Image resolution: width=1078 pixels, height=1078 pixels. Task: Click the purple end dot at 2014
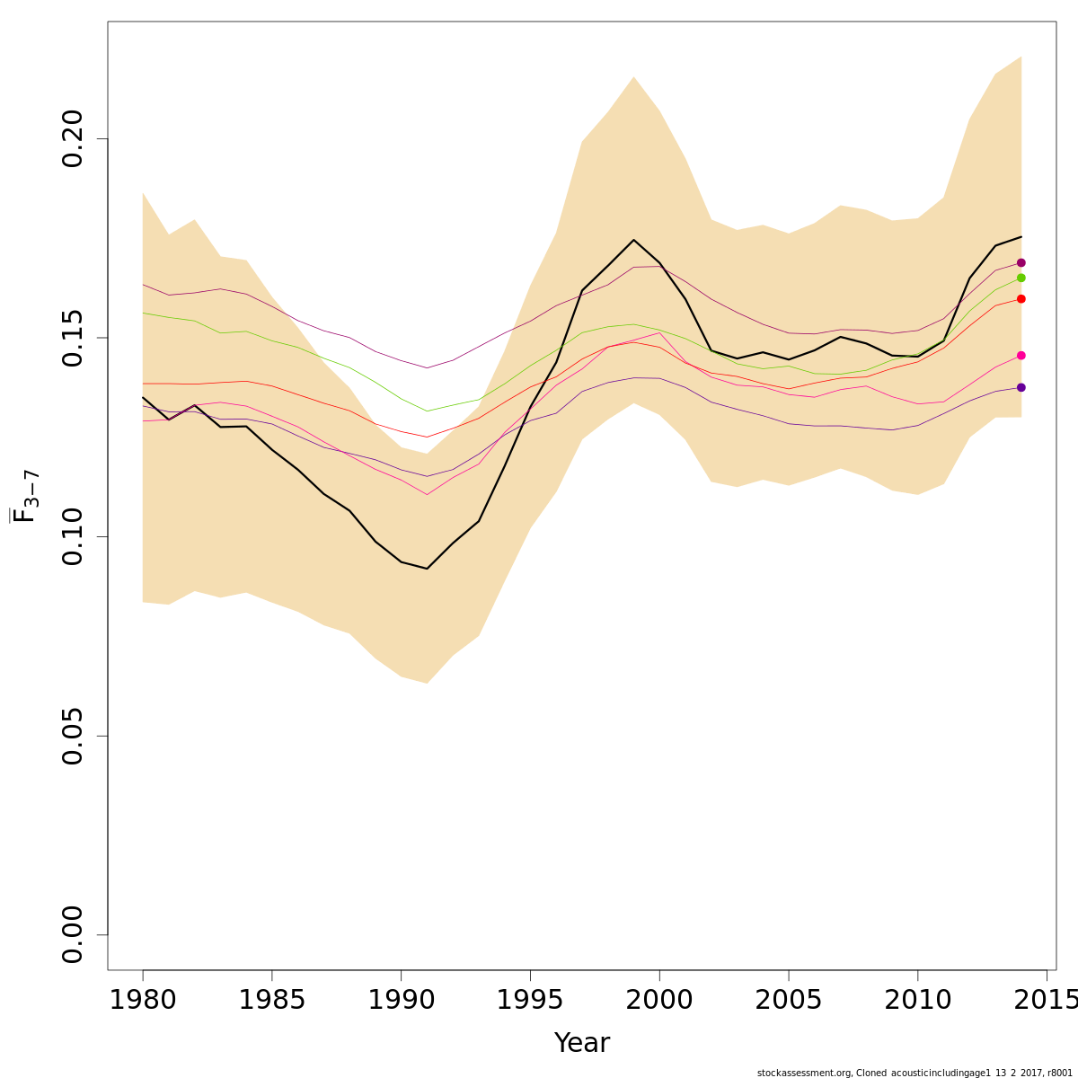click(x=1021, y=387)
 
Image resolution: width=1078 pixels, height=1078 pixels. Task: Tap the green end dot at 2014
click(x=1021, y=278)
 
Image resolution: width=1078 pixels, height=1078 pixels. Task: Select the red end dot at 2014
click(x=1021, y=298)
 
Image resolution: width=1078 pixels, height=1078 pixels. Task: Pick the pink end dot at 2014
click(x=1021, y=355)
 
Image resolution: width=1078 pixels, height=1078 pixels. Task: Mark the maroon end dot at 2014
click(x=1021, y=262)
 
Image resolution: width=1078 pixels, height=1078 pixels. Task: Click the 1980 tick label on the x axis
click(x=143, y=999)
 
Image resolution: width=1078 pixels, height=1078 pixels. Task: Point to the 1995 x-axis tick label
click(x=530, y=999)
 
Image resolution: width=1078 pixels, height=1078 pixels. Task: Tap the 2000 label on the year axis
click(x=659, y=999)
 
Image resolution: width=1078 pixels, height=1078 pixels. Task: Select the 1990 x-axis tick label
click(x=401, y=999)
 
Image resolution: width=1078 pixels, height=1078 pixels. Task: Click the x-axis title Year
click(x=582, y=1043)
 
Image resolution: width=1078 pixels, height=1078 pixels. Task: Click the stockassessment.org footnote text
click(x=915, y=1073)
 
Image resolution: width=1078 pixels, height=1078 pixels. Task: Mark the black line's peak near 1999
click(x=633, y=240)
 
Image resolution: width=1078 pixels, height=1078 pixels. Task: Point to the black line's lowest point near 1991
click(x=427, y=569)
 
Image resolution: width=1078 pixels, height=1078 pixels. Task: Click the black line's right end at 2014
click(x=1021, y=237)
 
